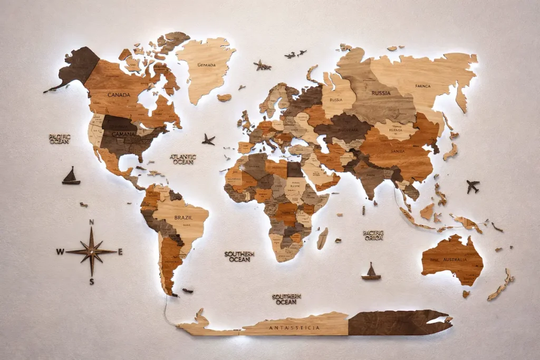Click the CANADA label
[x=119, y=95]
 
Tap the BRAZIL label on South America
[x=184, y=217]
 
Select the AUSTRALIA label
[x=455, y=259]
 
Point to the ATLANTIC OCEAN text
[x=183, y=159]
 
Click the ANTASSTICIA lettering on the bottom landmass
[x=294, y=328]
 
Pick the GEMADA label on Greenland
[x=206, y=65]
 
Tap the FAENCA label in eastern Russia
[x=422, y=85]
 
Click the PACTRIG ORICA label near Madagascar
[x=373, y=235]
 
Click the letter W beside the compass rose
[x=60, y=252]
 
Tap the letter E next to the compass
[x=120, y=252]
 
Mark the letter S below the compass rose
[x=91, y=282]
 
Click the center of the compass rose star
[x=91, y=252]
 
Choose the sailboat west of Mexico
[x=71, y=176]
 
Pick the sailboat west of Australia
[x=371, y=271]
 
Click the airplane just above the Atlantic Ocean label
[x=208, y=140]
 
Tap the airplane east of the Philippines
[x=472, y=186]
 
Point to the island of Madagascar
[x=322, y=238]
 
